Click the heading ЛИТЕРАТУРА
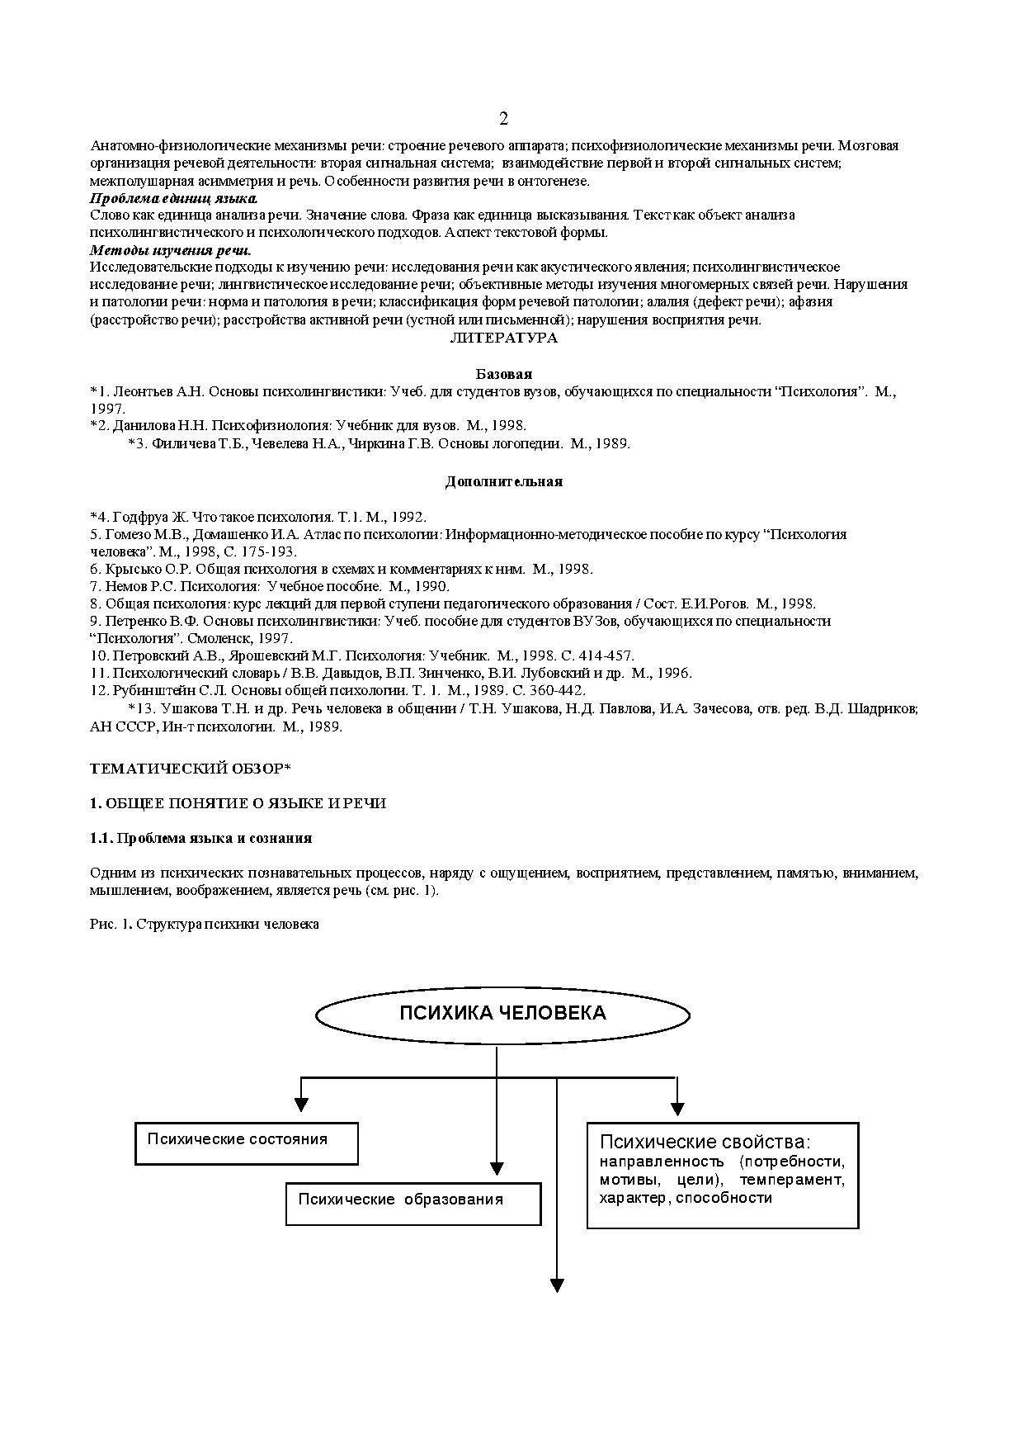(503, 338)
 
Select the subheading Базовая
(503, 374)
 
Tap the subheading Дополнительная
(503, 481)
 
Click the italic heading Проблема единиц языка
(173, 198)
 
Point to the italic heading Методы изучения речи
(170, 250)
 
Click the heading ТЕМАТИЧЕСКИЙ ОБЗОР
(190, 769)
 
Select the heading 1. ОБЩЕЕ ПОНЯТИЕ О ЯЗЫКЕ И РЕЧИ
(238, 803)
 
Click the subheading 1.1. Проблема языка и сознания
(200, 838)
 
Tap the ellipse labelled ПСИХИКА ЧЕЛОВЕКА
(502, 1014)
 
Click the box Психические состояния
(246, 1143)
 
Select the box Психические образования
(412, 1204)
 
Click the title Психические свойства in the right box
(705, 1143)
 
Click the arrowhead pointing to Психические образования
(497, 1168)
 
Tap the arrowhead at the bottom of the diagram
(557, 1285)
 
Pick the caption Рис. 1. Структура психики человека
(204, 924)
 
